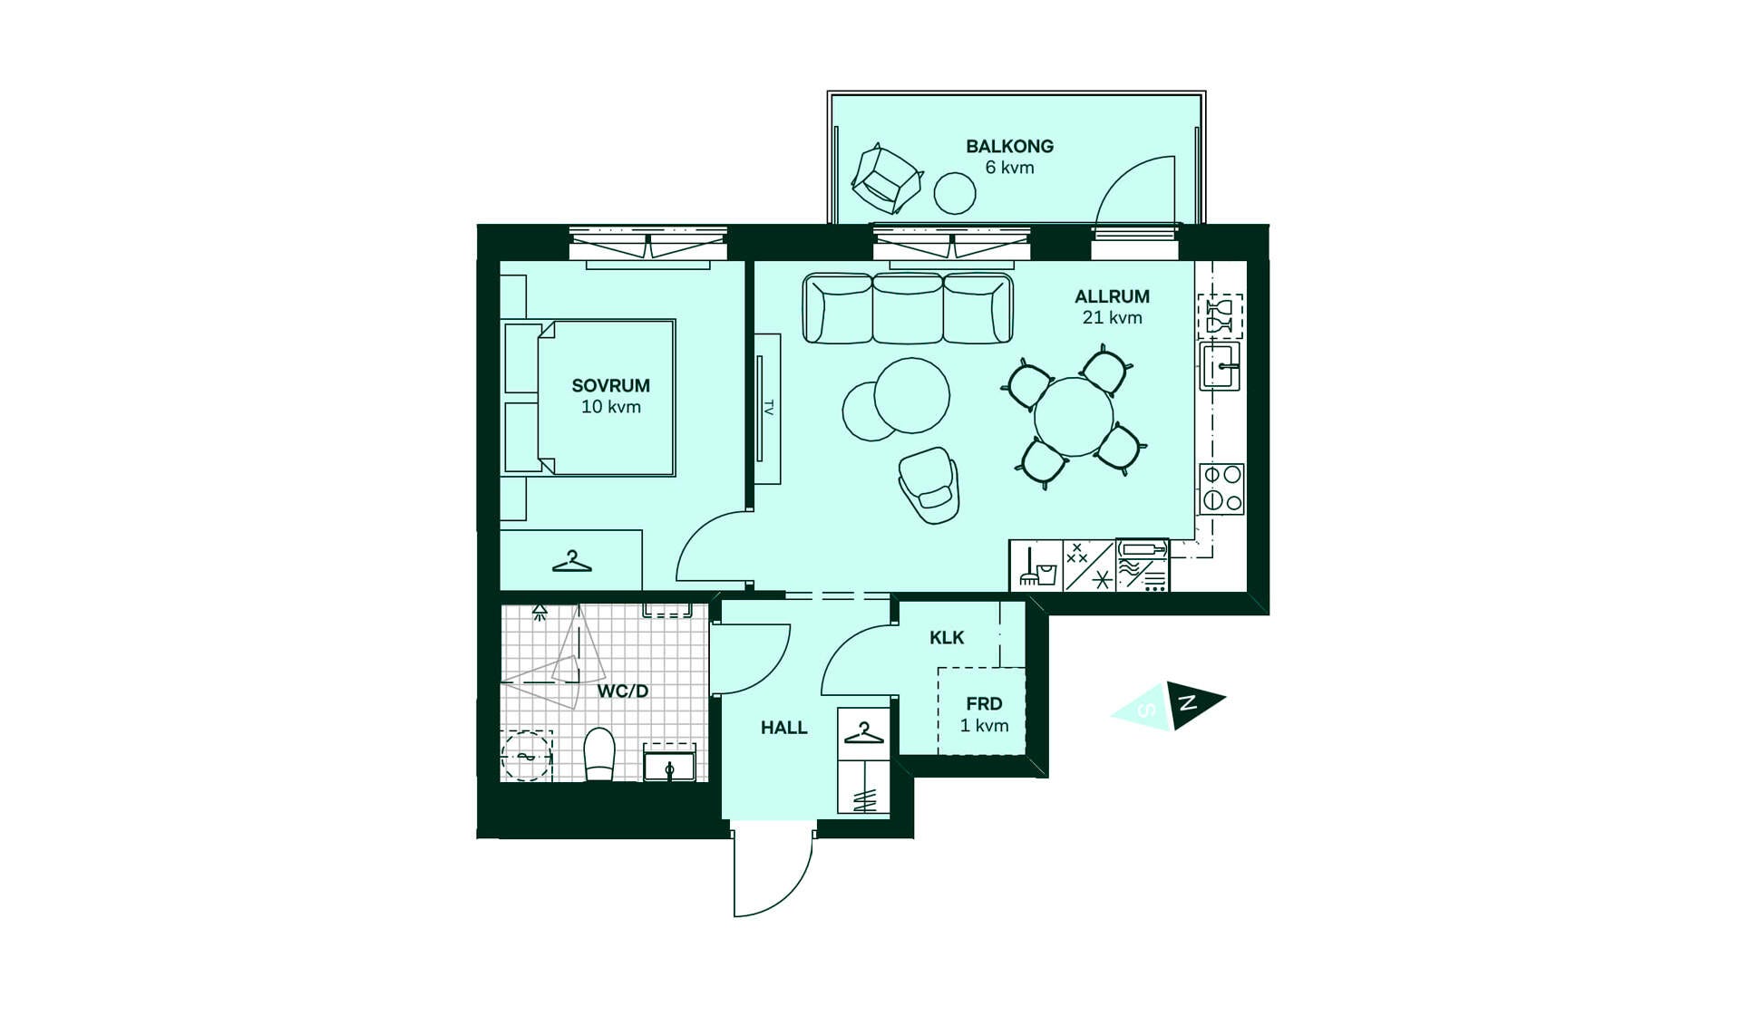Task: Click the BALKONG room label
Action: point(1009,146)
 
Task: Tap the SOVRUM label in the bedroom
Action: point(610,385)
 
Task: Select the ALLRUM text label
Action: point(1112,296)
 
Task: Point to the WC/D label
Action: point(623,691)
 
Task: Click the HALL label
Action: point(783,728)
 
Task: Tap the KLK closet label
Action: point(947,638)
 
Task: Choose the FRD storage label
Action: point(984,704)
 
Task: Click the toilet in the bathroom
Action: point(599,754)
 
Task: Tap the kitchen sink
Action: point(1221,366)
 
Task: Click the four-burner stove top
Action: point(1222,489)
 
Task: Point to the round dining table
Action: point(1074,417)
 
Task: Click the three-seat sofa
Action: point(908,308)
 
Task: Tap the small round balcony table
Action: point(955,193)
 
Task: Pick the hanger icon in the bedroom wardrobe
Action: point(572,562)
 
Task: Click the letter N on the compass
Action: point(1187,702)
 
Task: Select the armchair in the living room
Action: point(929,485)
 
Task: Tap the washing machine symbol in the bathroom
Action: point(526,755)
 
